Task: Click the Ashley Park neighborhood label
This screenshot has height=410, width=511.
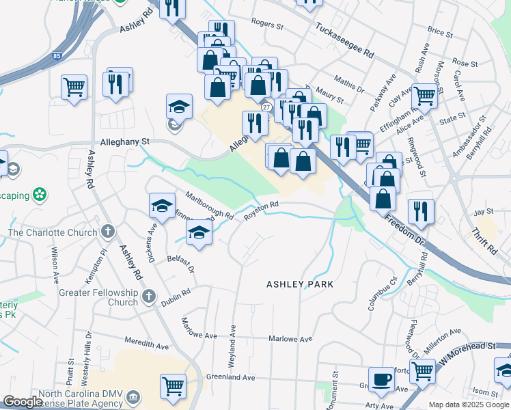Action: pos(300,284)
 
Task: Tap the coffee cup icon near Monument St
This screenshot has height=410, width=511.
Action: pos(381,379)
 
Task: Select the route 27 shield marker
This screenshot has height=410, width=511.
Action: pos(266,107)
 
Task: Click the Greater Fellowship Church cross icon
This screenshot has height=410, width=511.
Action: pos(150,297)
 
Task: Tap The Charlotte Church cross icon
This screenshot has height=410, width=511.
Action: pos(107,232)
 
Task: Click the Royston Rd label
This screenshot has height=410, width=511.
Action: pos(262,208)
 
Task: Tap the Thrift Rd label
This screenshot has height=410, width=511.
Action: pos(484,241)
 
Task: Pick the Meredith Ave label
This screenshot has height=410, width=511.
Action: pos(148,344)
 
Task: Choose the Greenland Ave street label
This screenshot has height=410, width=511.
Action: pos(230,377)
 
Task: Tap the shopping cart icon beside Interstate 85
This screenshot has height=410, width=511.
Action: pos(74,87)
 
